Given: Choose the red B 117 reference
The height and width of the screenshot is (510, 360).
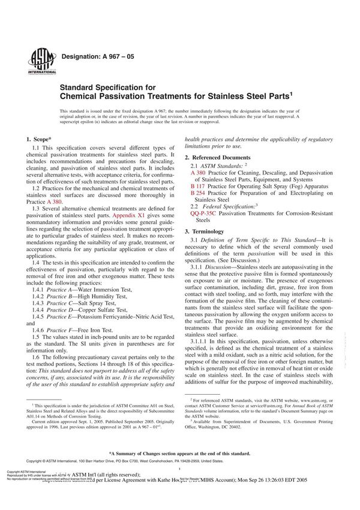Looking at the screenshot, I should pos(197,186).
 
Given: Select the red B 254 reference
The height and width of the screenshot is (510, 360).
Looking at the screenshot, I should pos(197,193).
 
